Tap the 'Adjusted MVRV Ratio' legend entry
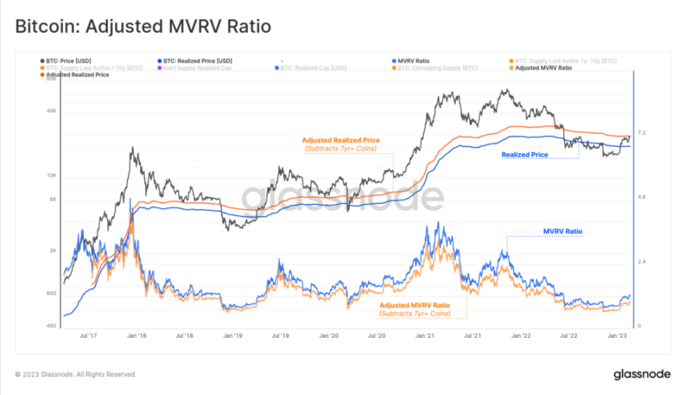(543, 68)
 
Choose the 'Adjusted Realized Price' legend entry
(78, 74)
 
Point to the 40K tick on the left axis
(51, 111)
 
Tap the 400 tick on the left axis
(51, 326)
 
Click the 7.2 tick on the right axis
(642, 133)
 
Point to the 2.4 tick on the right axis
(642, 262)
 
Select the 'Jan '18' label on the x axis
(136, 336)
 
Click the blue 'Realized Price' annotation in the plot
(525, 154)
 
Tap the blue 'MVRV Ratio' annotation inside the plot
(562, 231)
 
